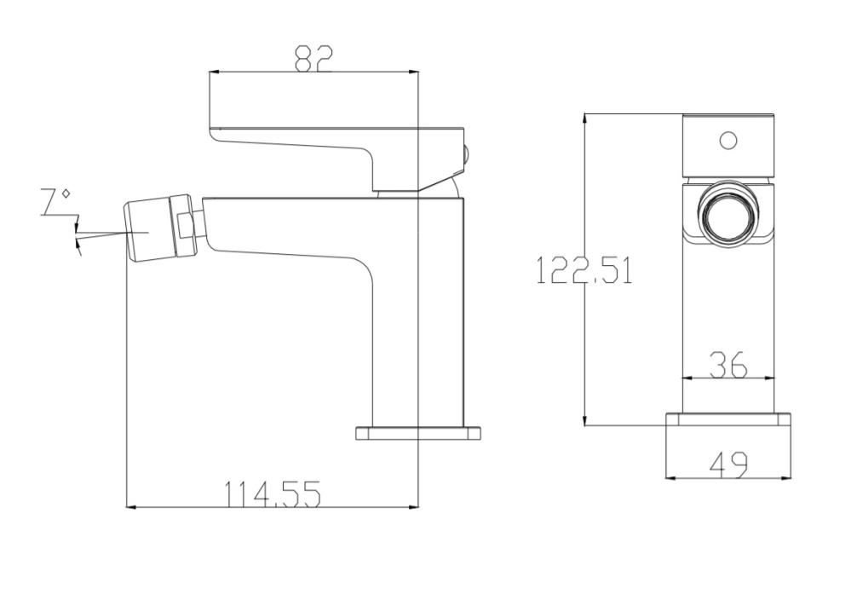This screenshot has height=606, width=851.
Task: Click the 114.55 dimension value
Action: pos(272,493)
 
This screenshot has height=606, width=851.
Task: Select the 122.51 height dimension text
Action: pos(584,270)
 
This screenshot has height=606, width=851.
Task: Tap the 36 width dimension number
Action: pos(728,365)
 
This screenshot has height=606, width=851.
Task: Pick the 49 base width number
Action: pos(728,465)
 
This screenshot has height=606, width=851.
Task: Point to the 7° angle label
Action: pos(55,203)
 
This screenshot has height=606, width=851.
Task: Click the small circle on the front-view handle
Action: pos(727,140)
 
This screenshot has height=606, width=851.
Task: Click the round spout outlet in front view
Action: pos(727,214)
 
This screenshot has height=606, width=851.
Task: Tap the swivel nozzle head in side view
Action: pos(158,228)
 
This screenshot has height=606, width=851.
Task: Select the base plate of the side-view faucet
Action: pos(417,433)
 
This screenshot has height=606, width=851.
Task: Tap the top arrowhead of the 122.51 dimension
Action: pos(584,118)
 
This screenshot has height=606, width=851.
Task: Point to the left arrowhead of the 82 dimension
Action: pos(215,72)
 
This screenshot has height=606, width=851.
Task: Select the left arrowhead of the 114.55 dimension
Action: pos(131,507)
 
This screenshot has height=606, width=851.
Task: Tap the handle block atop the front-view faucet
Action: pos(728,146)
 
